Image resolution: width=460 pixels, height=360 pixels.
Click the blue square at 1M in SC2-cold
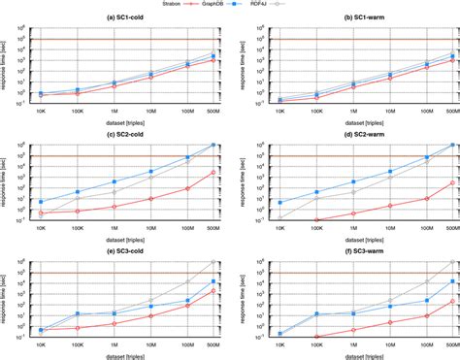tap(115, 181)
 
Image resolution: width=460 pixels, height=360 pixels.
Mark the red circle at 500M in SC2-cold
tap(213, 173)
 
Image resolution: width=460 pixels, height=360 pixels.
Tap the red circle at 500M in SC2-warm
tap(451, 182)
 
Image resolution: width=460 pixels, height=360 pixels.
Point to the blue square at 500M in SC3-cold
tap(213, 281)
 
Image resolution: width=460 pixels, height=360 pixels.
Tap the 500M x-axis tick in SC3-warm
tap(449, 344)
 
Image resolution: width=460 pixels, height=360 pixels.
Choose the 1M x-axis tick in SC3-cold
tap(115, 344)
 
